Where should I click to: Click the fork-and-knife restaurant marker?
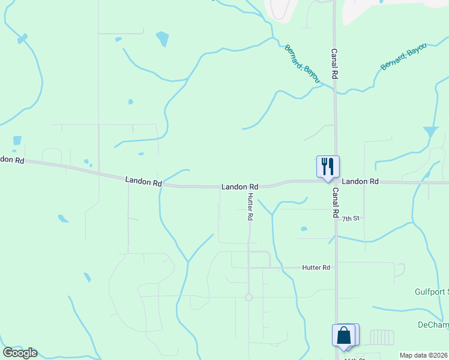[x=328, y=167]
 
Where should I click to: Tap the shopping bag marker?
[x=344, y=335]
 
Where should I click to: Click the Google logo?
[x=20, y=352]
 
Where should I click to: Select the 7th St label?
[x=351, y=219]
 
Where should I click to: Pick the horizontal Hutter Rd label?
[x=316, y=267]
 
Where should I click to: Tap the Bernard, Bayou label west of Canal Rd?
[x=303, y=64]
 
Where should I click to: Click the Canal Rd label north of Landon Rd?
[x=334, y=64]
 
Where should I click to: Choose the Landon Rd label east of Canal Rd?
[x=360, y=181]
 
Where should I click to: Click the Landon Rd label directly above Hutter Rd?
[x=240, y=187]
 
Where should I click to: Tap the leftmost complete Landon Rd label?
[x=143, y=181]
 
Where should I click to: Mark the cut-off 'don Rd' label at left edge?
[x=12, y=160]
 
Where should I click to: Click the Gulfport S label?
[x=432, y=292]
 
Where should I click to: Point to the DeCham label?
[x=433, y=325]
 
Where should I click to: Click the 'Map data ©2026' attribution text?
[x=424, y=355]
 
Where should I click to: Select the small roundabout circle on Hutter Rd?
[x=249, y=297]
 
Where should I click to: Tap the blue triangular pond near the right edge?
[x=430, y=131]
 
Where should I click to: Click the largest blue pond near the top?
[x=162, y=39]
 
